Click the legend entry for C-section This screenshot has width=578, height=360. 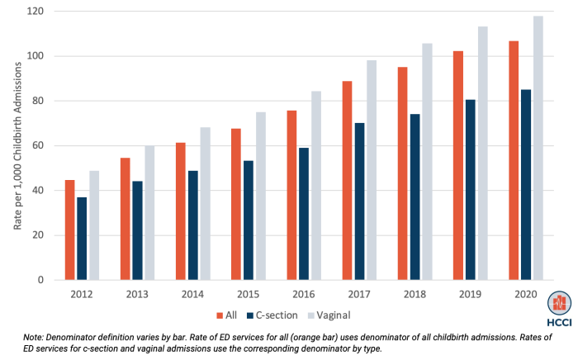coord(273,315)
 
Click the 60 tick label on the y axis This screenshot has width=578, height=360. coord(39,146)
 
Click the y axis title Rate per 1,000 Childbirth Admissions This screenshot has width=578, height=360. coord(16,146)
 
